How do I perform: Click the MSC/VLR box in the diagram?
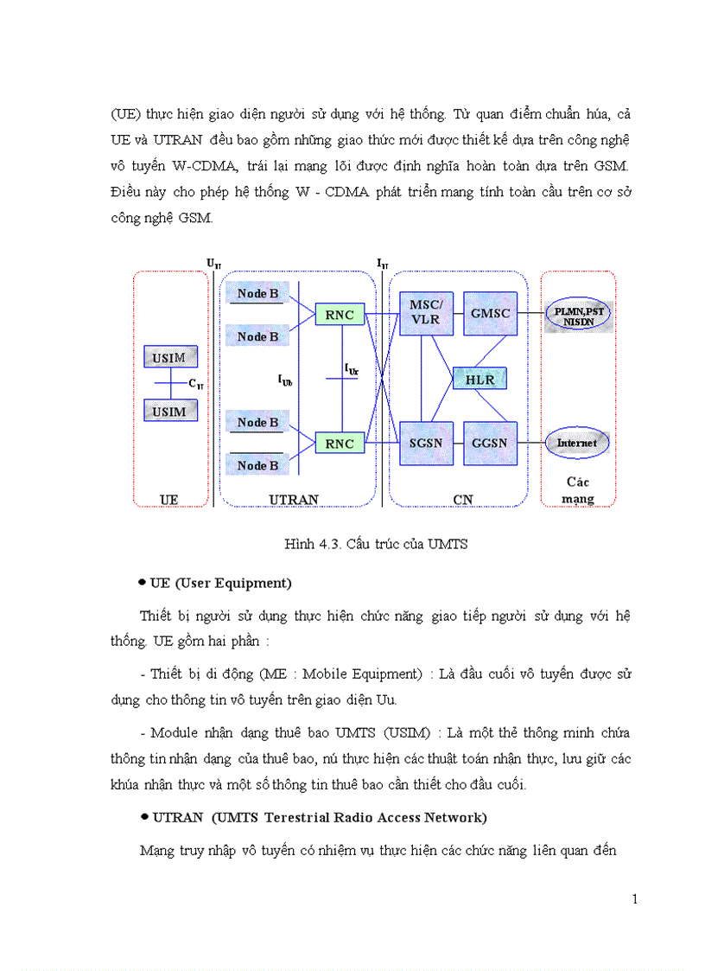coord(426,313)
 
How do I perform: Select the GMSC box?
coord(490,313)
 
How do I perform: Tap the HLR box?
coord(480,379)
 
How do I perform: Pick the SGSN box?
coord(426,444)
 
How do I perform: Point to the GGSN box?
coord(490,444)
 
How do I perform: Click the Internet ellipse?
coord(576,444)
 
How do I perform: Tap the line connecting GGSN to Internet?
coord(530,444)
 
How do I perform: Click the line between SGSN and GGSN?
coord(458,444)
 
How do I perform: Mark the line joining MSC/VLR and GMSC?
coord(458,313)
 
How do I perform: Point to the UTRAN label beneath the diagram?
coord(294,500)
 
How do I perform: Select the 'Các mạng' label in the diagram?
coord(578,490)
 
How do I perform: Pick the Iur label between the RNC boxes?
coord(352,369)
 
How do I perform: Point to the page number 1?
coord(635,899)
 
